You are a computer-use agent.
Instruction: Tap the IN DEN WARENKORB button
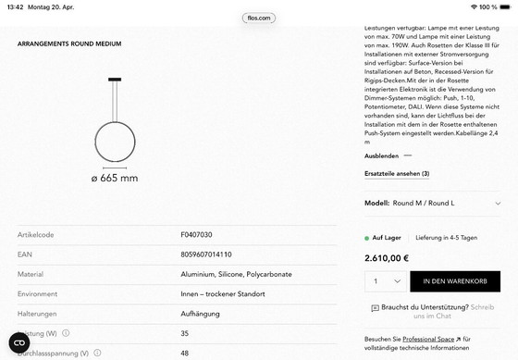click(x=454, y=280)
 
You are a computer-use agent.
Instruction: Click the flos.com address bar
click(x=258, y=18)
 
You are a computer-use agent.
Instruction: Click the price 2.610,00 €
click(x=387, y=258)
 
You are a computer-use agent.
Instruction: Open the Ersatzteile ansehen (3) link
click(x=397, y=174)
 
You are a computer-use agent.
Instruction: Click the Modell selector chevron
click(x=499, y=203)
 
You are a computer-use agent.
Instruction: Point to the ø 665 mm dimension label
click(x=114, y=178)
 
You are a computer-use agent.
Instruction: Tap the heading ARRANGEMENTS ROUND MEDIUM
click(x=69, y=43)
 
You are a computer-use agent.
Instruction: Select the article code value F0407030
click(x=196, y=235)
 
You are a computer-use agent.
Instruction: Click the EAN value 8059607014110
click(x=205, y=254)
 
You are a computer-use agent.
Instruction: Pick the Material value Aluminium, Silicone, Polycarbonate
click(x=236, y=274)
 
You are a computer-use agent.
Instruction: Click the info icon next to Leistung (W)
click(x=66, y=333)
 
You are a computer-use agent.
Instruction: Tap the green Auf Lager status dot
click(x=367, y=238)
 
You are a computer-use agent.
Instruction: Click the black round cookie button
click(x=19, y=342)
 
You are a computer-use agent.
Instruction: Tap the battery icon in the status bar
click(x=505, y=6)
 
